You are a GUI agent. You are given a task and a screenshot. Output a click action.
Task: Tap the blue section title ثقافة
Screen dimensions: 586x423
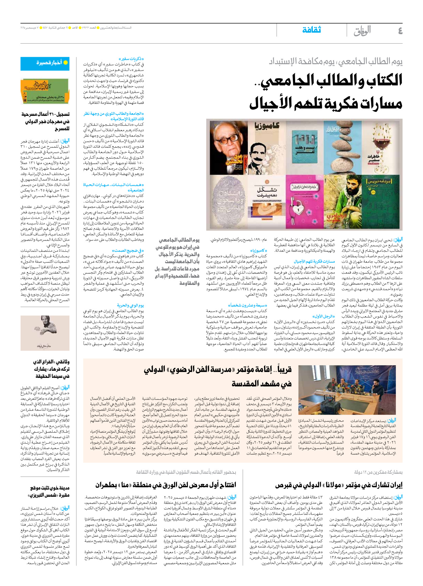click(x=311, y=30)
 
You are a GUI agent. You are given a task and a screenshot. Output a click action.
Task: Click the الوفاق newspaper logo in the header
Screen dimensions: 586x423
click(x=362, y=31)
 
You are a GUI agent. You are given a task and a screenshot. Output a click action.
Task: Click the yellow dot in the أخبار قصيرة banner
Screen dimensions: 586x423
click(x=66, y=63)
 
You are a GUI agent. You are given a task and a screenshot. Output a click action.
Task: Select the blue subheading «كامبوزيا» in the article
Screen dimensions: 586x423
click(x=259, y=250)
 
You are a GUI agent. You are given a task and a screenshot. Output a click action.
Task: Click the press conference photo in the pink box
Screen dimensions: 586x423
click(x=347, y=390)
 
